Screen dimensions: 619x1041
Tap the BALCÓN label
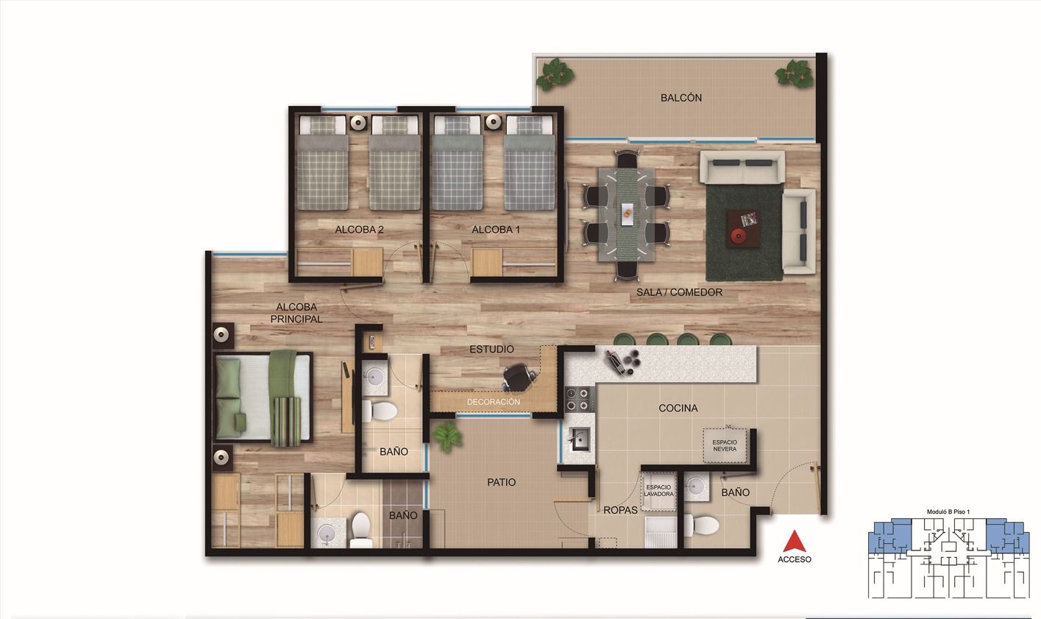(681, 98)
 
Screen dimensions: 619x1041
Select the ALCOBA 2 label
(359, 230)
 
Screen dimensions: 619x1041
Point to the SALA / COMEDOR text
(679, 292)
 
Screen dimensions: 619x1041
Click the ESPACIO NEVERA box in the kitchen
(724, 445)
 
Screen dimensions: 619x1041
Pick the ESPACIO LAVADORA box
(659, 491)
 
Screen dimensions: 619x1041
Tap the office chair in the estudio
(518, 378)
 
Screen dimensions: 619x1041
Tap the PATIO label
(501, 482)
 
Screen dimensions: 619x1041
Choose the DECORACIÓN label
(493, 402)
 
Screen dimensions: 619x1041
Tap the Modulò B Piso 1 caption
(948, 512)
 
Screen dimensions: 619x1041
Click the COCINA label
(678, 408)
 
